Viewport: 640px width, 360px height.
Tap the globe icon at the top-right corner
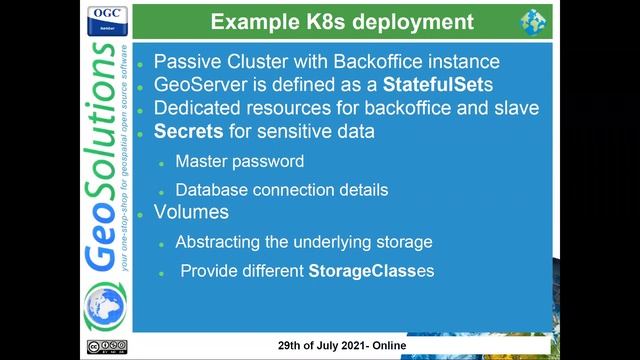click(533, 21)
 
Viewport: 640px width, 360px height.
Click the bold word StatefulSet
click(412, 85)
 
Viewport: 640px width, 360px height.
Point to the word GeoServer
click(198, 85)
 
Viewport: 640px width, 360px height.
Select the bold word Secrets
click(189, 131)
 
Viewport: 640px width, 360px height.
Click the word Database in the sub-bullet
click(211, 189)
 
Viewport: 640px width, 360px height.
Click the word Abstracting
click(219, 242)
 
